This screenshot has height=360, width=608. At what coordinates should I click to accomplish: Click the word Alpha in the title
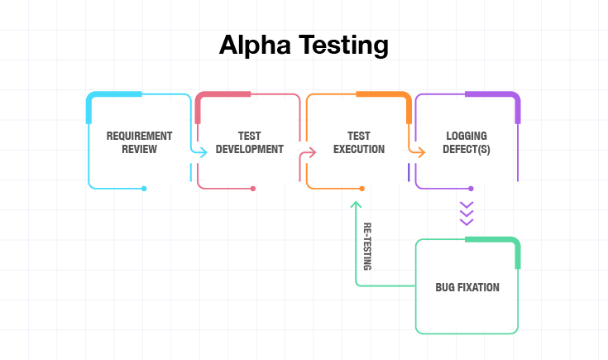[255, 45]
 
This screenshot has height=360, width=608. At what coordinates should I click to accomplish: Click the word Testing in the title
[343, 46]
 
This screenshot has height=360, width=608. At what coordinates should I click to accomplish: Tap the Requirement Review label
[139, 142]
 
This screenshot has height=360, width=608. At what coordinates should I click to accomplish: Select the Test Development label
[249, 142]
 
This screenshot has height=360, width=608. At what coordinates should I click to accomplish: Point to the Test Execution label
[359, 142]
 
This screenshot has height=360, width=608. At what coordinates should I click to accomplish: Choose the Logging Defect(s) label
[467, 142]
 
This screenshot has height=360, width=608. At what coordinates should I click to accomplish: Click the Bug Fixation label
[467, 287]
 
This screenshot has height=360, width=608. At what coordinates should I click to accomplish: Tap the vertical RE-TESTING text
[367, 247]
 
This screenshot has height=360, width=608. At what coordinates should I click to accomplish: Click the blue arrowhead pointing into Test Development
[203, 152]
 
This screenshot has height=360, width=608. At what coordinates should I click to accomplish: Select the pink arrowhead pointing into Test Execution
[312, 152]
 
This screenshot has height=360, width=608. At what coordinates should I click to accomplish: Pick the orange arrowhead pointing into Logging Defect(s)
[421, 152]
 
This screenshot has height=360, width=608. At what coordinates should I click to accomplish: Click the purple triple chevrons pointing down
[467, 214]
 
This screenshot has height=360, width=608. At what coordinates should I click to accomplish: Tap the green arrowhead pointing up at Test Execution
[356, 204]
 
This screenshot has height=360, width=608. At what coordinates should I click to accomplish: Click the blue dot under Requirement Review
[144, 189]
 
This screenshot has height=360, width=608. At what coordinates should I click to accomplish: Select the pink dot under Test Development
[253, 189]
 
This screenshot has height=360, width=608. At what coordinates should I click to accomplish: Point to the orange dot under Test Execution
[361, 189]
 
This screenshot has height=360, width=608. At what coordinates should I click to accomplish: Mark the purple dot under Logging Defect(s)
[471, 189]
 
